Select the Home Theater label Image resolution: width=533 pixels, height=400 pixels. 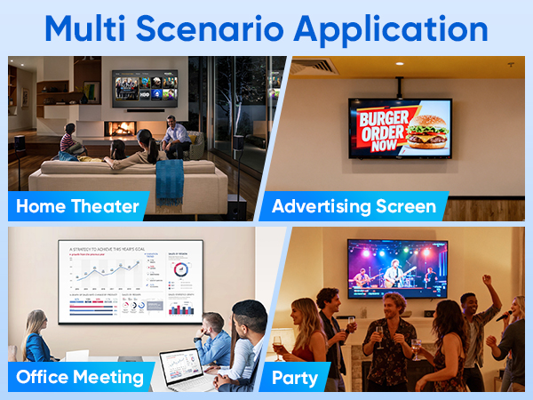[x=78, y=208]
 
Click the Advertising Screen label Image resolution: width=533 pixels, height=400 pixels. [x=354, y=208]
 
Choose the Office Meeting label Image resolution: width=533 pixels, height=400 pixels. [x=80, y=377]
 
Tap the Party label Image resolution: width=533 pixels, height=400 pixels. [x=295, y=377]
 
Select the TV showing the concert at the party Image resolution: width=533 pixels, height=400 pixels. [x=397, y=268]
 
